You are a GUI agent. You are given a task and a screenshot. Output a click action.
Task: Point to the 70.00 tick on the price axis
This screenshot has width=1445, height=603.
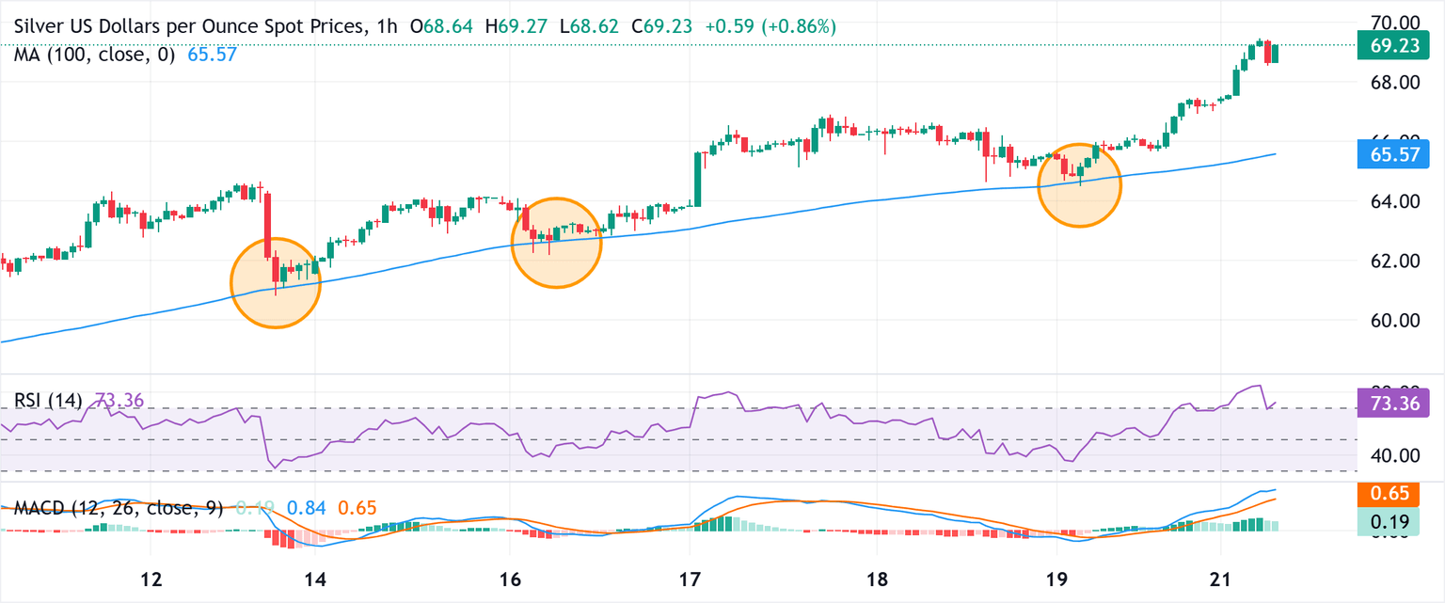[1389, 22]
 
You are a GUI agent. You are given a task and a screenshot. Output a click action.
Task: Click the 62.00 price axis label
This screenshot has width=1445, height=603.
[1389, 261]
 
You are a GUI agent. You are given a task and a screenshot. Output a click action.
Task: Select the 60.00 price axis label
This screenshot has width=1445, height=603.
[1389, 320]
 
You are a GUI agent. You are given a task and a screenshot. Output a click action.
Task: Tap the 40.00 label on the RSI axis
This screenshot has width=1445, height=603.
[1389, 455]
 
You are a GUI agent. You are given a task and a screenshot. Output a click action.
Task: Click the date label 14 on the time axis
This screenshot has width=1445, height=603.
[314, 577]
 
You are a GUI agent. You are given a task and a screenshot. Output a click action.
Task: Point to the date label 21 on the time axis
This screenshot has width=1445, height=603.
[1220, 577]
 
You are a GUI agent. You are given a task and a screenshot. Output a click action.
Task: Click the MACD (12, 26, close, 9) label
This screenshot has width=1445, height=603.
[119, 509]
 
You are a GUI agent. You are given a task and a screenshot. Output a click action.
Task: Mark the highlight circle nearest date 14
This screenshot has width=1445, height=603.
[276, 283]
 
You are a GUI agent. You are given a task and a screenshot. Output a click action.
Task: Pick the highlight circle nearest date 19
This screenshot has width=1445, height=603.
[1080, 185]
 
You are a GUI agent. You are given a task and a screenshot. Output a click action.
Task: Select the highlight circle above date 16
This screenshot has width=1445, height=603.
[556, 243]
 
